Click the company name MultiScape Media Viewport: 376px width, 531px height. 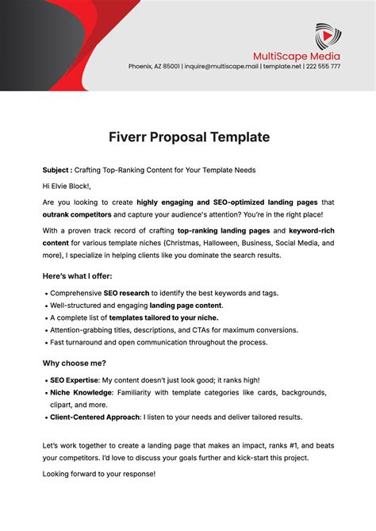297,56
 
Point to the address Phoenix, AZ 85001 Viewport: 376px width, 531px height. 154,67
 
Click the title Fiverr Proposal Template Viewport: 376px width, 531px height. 188,137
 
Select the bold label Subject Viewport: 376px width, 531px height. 57,171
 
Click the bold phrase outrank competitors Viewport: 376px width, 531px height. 77,214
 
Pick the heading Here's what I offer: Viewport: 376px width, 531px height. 77,275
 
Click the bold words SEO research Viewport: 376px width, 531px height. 127,293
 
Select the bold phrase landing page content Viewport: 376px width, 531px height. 186,305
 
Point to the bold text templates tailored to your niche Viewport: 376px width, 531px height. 163,317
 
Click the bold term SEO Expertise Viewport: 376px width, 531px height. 75,380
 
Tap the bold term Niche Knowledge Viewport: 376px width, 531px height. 81,393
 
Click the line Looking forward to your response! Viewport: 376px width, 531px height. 99,473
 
